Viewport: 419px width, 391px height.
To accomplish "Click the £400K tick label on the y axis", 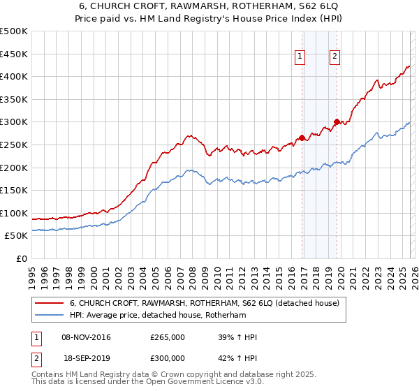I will [x=14, y=76].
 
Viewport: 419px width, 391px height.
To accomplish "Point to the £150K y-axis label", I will [x=14, y=190].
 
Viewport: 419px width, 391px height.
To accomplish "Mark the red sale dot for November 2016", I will [x=302, y=138].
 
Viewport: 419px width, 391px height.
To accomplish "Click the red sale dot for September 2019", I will [x=337, y=122].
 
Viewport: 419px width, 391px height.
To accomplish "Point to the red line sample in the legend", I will [x=49, y=303].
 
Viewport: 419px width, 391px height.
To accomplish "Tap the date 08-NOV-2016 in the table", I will [x=87, y=337].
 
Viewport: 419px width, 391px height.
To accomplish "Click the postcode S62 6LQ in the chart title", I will [x=303, y=6].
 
